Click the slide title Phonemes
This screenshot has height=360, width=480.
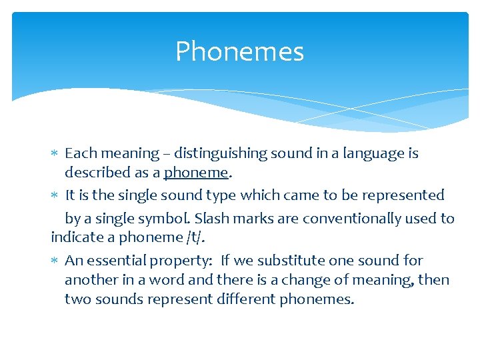(x=239, y=52)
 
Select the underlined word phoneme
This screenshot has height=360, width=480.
(x=196, y=173)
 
